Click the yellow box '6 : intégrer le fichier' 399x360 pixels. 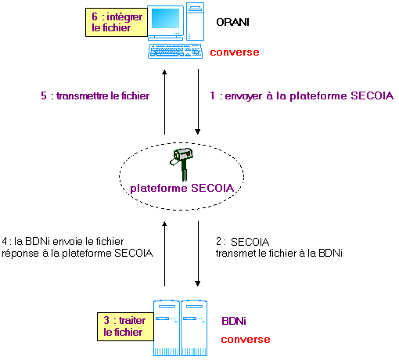click(x=117, y=22)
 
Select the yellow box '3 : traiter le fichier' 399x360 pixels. click(x=125, y=326)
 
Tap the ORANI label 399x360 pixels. click(x=232, y=22)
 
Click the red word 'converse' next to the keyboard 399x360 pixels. click(x=235, y=52)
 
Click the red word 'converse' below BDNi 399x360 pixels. click(x=246, y=340)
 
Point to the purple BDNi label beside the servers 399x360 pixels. click(x=234, y=321)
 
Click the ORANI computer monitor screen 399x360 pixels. click(x=165, y=18)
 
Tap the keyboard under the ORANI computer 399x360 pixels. click(x=175, y=51)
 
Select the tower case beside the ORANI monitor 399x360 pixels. click(x=195, y=21)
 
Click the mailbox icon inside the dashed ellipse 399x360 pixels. click(x=182, y=164)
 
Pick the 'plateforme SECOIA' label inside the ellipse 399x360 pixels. click(x=182, y=188)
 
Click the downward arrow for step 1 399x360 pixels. click(x=198, y=102)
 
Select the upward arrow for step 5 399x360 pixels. click(x=164, y=102)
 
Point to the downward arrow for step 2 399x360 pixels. click(x=198, y=254)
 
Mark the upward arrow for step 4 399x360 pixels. click(x=164, y=254)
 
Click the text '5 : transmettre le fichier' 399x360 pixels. click(x=95, y=95)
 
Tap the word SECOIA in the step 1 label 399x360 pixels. click(x=372, y=95)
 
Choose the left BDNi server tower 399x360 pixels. click(x=167, y=328)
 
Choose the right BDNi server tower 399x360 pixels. click(x=194, y=328)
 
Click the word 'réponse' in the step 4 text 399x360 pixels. click(x=20, y=254)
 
